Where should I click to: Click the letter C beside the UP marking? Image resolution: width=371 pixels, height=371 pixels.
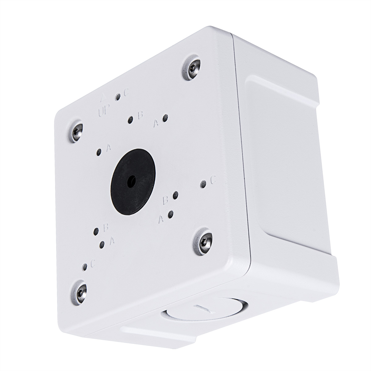click(x=126, y=93)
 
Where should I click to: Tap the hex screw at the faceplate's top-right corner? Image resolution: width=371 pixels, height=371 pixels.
click(x=193, y=68)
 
